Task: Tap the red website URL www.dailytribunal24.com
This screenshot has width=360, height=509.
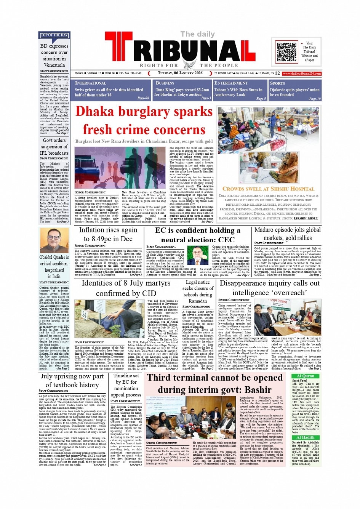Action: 302,74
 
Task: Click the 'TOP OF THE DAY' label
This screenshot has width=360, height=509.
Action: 54,35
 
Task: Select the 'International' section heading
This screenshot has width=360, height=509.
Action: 91,83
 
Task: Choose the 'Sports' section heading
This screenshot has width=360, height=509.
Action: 277,83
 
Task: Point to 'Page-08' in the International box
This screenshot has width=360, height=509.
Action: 143,98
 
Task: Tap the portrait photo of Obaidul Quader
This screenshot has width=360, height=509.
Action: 54,240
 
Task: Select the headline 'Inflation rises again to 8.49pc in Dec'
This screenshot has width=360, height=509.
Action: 108,234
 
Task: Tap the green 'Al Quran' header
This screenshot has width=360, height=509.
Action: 305,376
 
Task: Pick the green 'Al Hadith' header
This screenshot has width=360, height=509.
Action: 305,437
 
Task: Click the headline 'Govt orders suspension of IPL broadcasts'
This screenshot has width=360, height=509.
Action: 54,147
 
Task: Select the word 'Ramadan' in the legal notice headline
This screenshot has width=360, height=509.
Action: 197,301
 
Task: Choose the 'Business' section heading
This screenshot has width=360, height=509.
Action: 165,83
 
